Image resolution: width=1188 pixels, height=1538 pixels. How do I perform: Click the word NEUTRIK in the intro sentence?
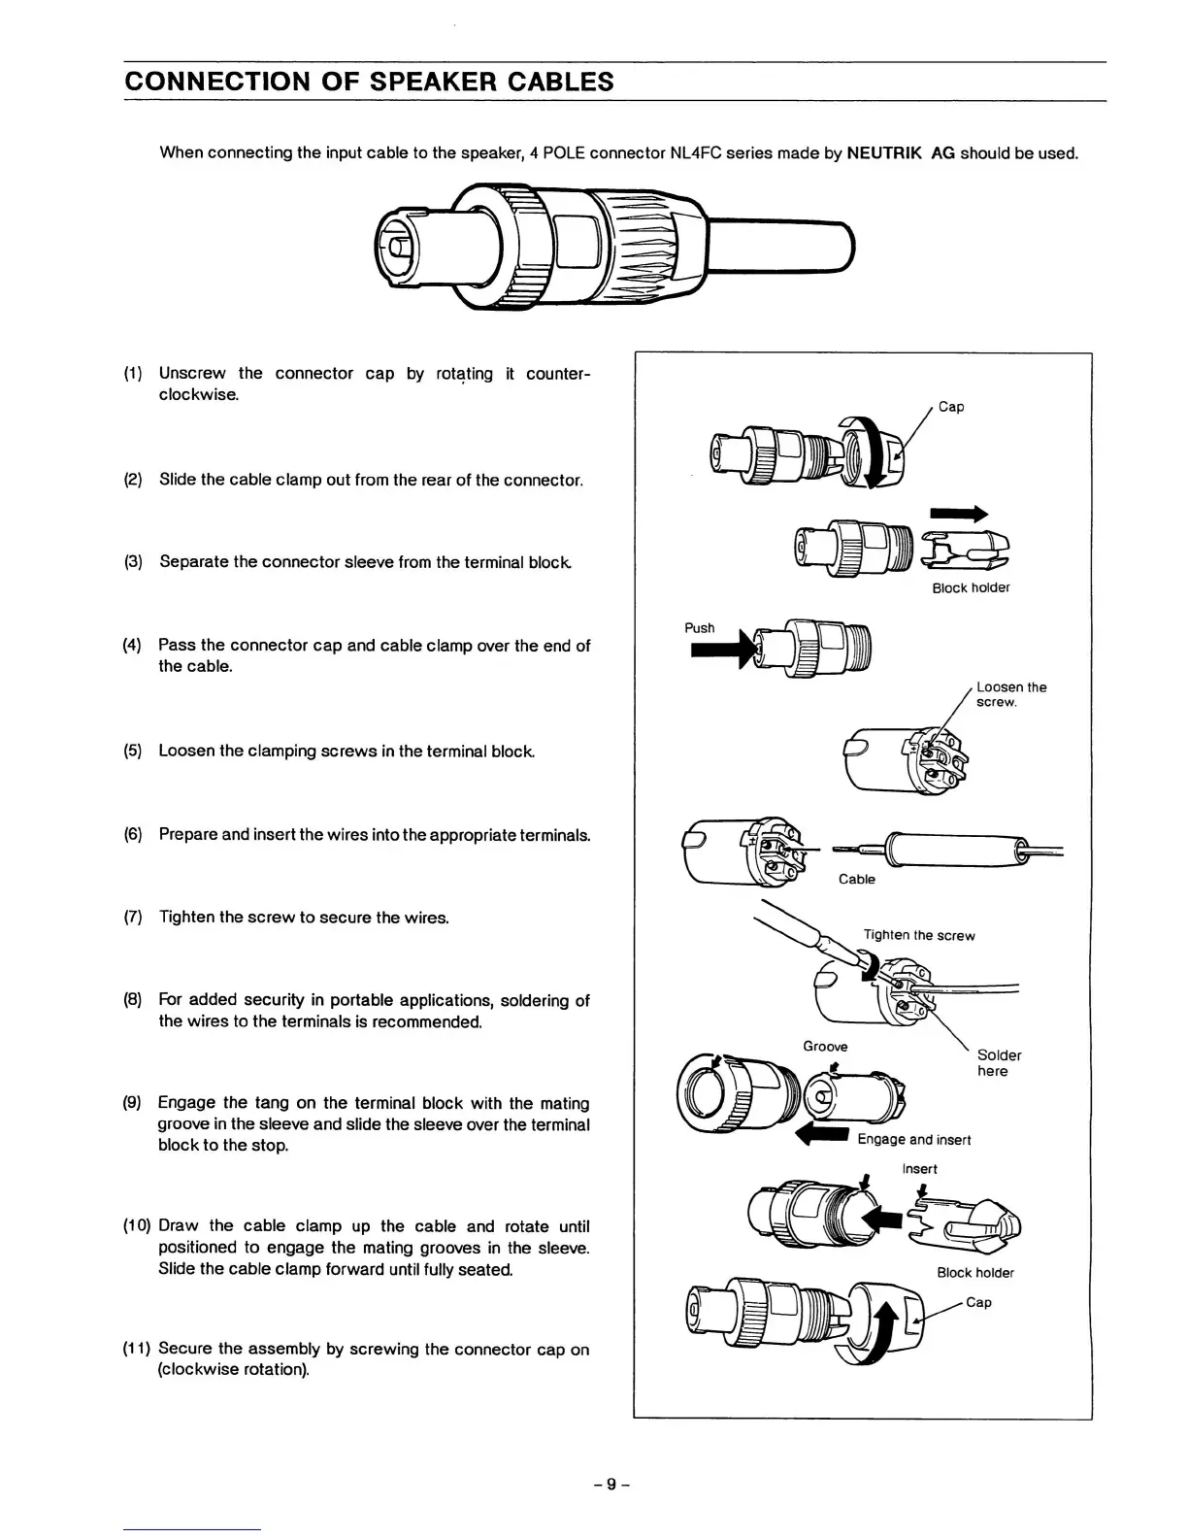tap(884, 153)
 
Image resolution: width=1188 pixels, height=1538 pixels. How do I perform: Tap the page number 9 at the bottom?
tap(611, 1484)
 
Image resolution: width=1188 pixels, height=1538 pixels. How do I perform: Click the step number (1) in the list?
tap(134, 374)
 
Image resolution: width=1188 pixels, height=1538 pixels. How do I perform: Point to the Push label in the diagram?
tap(699, 628)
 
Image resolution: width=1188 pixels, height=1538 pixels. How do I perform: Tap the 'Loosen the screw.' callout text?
tap(1010, 694)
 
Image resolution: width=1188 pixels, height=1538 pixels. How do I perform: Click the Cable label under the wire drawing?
tap(856, 880)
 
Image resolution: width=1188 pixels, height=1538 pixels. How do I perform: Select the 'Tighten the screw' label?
tap(918, 936)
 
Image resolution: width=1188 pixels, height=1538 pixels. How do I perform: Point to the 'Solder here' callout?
tap(999, 1063)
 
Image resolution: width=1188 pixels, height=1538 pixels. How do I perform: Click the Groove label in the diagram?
tap(825, 1047)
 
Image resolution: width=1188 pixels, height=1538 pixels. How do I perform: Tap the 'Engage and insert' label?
tap(913, 1140)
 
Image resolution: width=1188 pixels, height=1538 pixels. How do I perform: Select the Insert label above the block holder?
tap(919, 1169)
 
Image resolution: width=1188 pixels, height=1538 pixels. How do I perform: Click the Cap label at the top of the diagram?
tap(951, 407)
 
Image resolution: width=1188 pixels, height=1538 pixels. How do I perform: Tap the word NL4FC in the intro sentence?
tap(693, 153)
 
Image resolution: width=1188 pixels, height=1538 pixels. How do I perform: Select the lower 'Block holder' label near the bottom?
tap(974, 1273)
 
